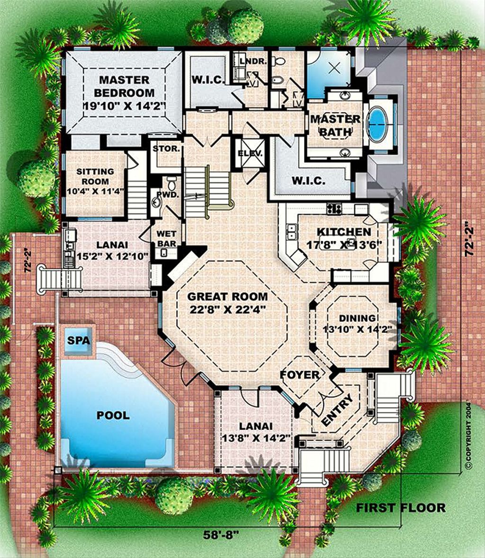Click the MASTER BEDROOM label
pyautogui.click(x=124, y=86)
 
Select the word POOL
pyautogui.click(x=113, y=415)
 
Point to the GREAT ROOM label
pyautogui.click(x=227, y=297)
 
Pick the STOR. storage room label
pyautogui.click(x=166, y=149)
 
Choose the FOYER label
pyautogui.click(x=300, y=375)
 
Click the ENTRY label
pyautogui.click(x=337, y=411)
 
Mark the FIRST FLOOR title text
pyautogui.click(x=401, y=508)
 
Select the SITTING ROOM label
pyautogui.click(x=95, y=176)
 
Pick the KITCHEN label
pyautogui.click(x=344, y=232)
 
